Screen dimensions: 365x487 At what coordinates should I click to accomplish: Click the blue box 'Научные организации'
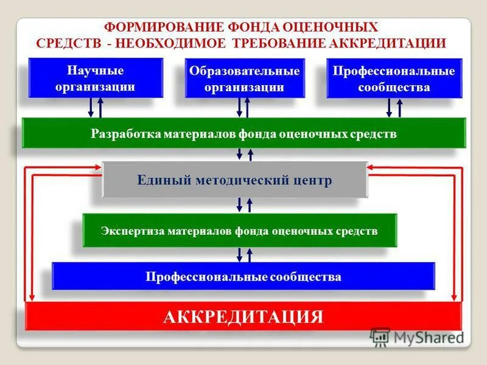click(96, 77)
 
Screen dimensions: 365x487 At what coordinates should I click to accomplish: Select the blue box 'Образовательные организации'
click(244, 78)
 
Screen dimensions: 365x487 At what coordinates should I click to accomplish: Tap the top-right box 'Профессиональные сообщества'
click(394, 78)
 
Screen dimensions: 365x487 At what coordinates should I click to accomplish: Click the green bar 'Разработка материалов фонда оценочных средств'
click(243, 133)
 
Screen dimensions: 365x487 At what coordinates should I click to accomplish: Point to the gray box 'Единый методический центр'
click(235, 180)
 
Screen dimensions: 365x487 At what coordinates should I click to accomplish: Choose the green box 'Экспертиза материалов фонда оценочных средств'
click(239, 231)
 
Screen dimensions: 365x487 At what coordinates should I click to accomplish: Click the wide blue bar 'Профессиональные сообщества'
click(243, 277)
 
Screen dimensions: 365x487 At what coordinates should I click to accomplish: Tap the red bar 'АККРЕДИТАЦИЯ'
click(243, 317)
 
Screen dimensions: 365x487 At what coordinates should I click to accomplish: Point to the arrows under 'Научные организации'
click(96, 108)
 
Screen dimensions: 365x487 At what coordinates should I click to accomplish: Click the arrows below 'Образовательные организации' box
click(243, 108)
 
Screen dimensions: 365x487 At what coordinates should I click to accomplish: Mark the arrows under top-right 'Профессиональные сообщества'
click(394, 108)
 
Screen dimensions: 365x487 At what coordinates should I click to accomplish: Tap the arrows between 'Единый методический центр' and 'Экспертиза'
click(244, 205)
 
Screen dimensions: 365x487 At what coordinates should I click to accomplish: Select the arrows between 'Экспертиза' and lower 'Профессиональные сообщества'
click(244, 254)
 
